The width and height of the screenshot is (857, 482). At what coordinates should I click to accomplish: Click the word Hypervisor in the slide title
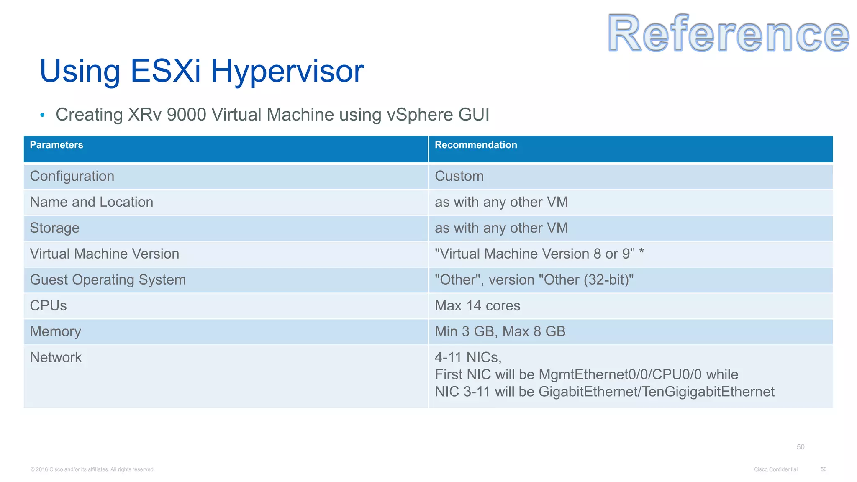[287, 71]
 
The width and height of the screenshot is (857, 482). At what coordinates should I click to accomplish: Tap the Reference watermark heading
[729, 33]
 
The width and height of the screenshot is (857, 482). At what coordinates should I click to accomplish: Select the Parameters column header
[56, 145]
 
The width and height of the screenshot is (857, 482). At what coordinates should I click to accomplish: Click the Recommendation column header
[476, 145]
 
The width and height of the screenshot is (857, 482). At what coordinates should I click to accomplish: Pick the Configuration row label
[72, 176]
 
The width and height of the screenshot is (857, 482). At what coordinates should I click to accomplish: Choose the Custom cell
[459, 176]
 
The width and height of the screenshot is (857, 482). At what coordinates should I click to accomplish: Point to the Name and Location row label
[92, 202]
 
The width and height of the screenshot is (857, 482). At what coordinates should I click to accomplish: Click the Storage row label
[55, 228]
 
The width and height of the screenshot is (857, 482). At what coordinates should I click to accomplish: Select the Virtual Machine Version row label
[105, 254]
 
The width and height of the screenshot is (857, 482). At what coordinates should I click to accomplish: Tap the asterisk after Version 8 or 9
[641, 252]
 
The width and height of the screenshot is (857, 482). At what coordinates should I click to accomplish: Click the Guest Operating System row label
[108, 280]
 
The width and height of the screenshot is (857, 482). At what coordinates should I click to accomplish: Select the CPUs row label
[49, 306]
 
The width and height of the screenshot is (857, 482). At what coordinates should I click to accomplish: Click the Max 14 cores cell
[477, 306]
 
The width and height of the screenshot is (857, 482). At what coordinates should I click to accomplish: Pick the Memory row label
[56, 332]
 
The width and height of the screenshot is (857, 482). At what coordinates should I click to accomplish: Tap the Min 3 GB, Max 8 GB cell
[500, 332]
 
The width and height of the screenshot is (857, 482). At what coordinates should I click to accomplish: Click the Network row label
[56, 358]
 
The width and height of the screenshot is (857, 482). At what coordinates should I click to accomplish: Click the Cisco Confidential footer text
[776, 469]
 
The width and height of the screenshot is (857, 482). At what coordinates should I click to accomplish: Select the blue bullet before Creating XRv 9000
[42, 115]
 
